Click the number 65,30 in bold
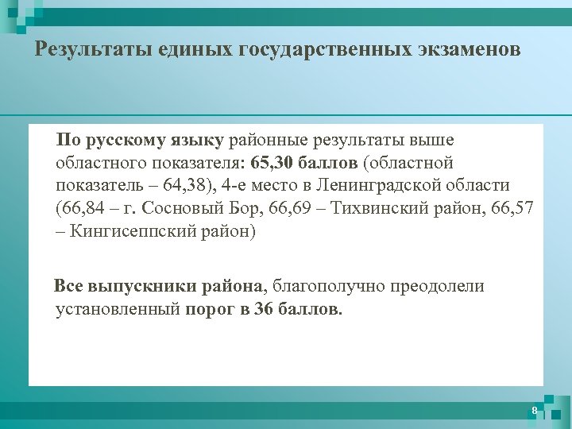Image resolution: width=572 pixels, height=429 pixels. click(x=273, y=164)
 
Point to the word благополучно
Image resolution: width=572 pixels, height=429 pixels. click(x=334, y=286)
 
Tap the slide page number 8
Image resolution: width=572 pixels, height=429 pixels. click(x=535, y=410)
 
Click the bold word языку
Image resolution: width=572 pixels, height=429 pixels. click(x=196, y=141)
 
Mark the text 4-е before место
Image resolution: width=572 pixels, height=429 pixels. click(x=236, y=186)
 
